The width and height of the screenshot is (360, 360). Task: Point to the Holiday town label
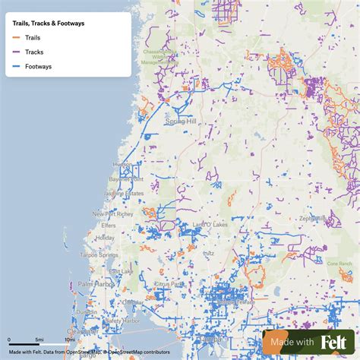coord(106,238)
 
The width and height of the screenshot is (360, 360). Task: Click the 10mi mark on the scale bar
coord(69,340)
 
